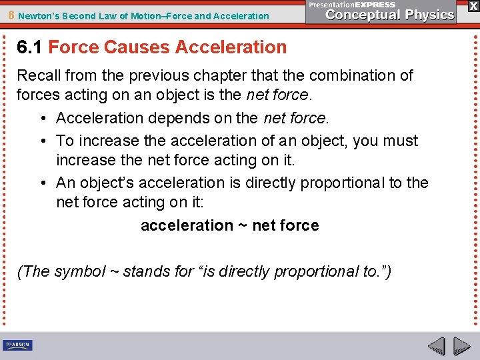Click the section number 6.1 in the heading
(x=30, y=47)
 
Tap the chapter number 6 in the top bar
(x=10, y=15)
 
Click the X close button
(x=473, y=6)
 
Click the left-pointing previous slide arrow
(x=436, y=345)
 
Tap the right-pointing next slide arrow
(x=461, y=345)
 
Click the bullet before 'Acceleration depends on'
(x=42, y=119)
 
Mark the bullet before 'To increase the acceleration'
(x=42, y=141)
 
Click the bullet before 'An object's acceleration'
(x=42, y=183)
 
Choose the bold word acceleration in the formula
(x=187, y=226)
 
